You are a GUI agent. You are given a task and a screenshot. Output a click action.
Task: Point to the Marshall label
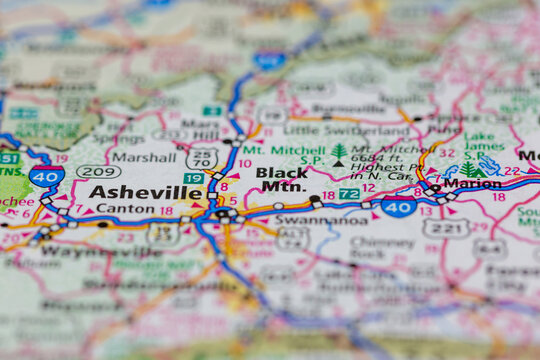pyautogui.click(x=143, y=157)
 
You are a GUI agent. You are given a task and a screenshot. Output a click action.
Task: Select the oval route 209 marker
pyautogui.click(x=98, y=172)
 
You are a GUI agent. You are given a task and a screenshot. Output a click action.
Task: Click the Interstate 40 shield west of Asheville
pyautogui.click(x=46, y=176)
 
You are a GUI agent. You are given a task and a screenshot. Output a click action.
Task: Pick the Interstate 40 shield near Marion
pyautogui.click(x=398, y=207)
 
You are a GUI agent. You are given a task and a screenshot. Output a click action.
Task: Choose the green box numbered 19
pyautogui.click(x=194, y=178)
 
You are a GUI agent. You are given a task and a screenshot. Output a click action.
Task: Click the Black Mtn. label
pyautogui.click(x=281, y=179)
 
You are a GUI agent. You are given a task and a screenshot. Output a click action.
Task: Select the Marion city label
pyautogui.click(x=472, y=183)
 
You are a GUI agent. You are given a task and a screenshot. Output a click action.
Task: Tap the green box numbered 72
pyautogui.click(x=348, y=193)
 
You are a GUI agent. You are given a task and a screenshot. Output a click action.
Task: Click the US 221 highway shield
pyautogui.click(x=445, y=228)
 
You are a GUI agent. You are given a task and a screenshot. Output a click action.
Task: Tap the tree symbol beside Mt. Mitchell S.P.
pyautogui.click(x=338, y=151)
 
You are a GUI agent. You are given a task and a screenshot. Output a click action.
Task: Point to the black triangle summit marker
pyautogui.click(x=338, y=163)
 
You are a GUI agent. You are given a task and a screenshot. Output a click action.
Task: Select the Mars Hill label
pyautogui.click(x=199, y=129)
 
